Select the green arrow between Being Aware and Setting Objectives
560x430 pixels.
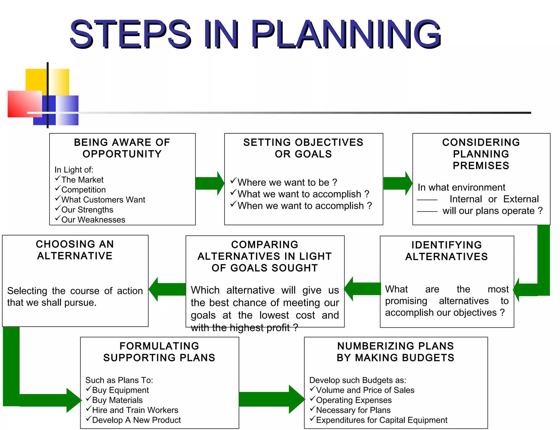click(209, 183)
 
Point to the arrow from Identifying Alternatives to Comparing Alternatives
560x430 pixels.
click(362, 289)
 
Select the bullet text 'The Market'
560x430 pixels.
click(82, 180)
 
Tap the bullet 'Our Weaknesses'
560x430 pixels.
click(93, 220)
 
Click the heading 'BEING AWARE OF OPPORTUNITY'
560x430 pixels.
click(122, 148)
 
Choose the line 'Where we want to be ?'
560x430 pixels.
click(287, 182)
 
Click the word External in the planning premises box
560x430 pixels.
click(521, 199)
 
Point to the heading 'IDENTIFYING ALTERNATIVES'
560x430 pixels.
click(447, 251)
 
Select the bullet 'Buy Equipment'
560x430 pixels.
click(120, 390)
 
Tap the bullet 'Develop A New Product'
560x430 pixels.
click(136, 420)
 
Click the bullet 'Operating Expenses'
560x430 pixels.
click(354, 400)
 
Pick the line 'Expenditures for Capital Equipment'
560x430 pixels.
click(381, 420)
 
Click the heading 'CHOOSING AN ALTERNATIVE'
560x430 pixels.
click(75, 250)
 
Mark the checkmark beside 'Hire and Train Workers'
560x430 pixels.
click(89, 409)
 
